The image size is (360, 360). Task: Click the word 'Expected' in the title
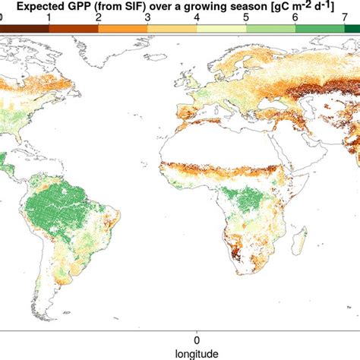click(x=39, y=6)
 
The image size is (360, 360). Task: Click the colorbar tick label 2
click(x=99, y=16)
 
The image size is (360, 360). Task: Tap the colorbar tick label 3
click(x=149, y=16)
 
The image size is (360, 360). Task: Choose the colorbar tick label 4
click(x=198, y=16)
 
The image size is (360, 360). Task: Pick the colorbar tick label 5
click(x=248, y=16)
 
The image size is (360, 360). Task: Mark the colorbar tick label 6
click(x=298, y=16)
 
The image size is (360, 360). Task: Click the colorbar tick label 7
click(x=347, y=16)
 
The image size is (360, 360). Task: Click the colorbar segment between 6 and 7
click(x=322, y=27)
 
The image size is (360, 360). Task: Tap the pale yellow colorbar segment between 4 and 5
click(x=223, y=27)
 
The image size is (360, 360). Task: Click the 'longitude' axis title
click(x=197, y=352)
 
